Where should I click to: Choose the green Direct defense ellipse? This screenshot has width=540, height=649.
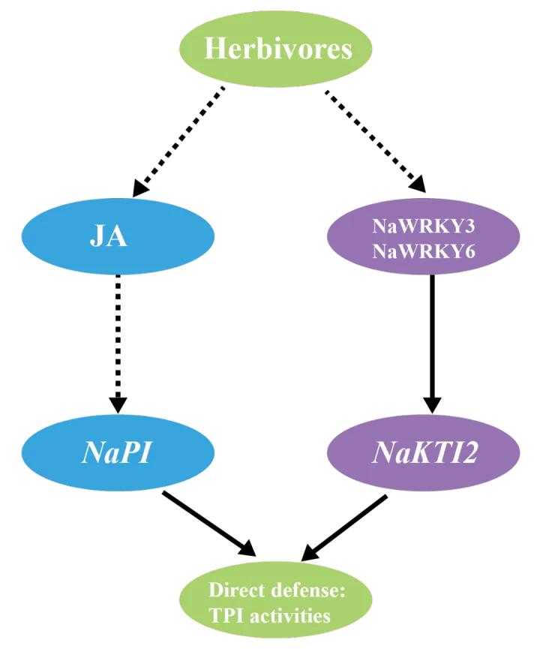277,604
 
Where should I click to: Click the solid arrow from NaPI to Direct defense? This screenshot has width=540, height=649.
210,524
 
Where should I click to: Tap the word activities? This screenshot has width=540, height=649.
293,617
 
